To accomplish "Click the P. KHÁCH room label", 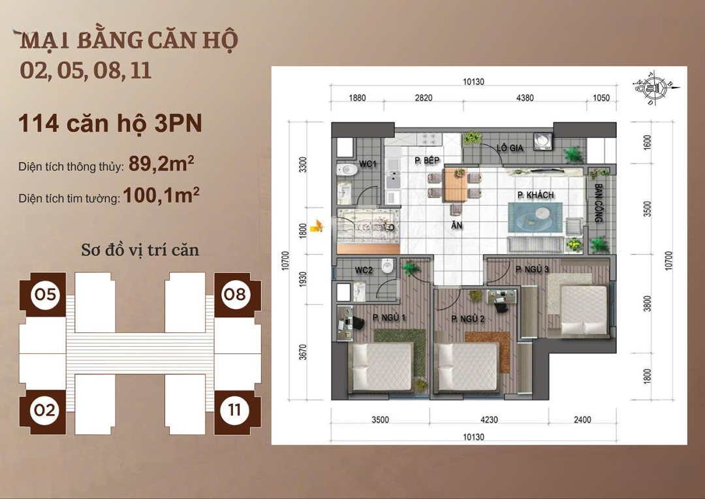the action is [535, 195].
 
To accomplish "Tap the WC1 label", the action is [368, 164].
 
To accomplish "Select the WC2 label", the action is [364, 270].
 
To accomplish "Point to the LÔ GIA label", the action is [510, 148].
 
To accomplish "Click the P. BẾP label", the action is [427, 160].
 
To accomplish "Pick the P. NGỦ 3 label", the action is [532, 269].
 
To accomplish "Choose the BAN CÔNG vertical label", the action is [599, 202].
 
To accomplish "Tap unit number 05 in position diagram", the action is [46, 295].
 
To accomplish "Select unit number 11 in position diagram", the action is [234, 410].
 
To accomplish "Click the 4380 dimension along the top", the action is [525, 97].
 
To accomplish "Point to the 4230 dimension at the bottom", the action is [489, 420].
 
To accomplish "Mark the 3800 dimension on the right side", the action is [647, 303].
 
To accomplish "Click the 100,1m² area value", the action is [161, 195].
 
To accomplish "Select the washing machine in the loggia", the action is [542, 141].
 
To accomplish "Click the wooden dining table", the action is [455, 184].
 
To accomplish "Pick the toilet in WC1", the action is [347, 170].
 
